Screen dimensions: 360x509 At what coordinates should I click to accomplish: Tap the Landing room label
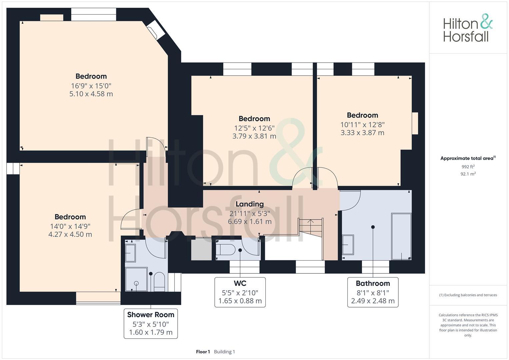coord(249,204)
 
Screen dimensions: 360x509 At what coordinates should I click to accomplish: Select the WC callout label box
coord(240,292)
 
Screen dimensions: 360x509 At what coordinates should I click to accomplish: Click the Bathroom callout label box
coord(373,292)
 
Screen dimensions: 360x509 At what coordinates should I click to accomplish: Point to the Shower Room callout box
coord(151,323)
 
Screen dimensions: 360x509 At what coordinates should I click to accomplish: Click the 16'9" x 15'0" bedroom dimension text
coord(91,86)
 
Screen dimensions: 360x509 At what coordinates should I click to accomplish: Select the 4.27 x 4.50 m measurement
coord(70,234)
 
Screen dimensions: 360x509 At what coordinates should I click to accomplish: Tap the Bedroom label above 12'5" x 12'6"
coord(254,119)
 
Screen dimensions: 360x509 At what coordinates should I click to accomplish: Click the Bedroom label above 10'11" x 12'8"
coord(362,115)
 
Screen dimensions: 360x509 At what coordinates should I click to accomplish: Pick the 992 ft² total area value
coord(468,167)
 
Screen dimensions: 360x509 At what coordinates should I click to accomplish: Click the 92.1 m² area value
coord(468,174)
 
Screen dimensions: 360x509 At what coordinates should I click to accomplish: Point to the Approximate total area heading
coord(468,158)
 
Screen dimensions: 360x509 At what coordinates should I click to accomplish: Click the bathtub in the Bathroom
coord(401,237)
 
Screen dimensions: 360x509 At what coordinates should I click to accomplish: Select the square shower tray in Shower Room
coord(136,279)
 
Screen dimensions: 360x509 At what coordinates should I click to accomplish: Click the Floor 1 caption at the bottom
coord(203,352)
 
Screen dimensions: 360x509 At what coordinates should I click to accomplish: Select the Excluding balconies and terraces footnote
coord(468,295)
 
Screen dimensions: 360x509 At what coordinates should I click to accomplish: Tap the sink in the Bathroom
coord(348,245)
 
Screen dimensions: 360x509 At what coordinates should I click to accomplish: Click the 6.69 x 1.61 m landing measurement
coord(249,221)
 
